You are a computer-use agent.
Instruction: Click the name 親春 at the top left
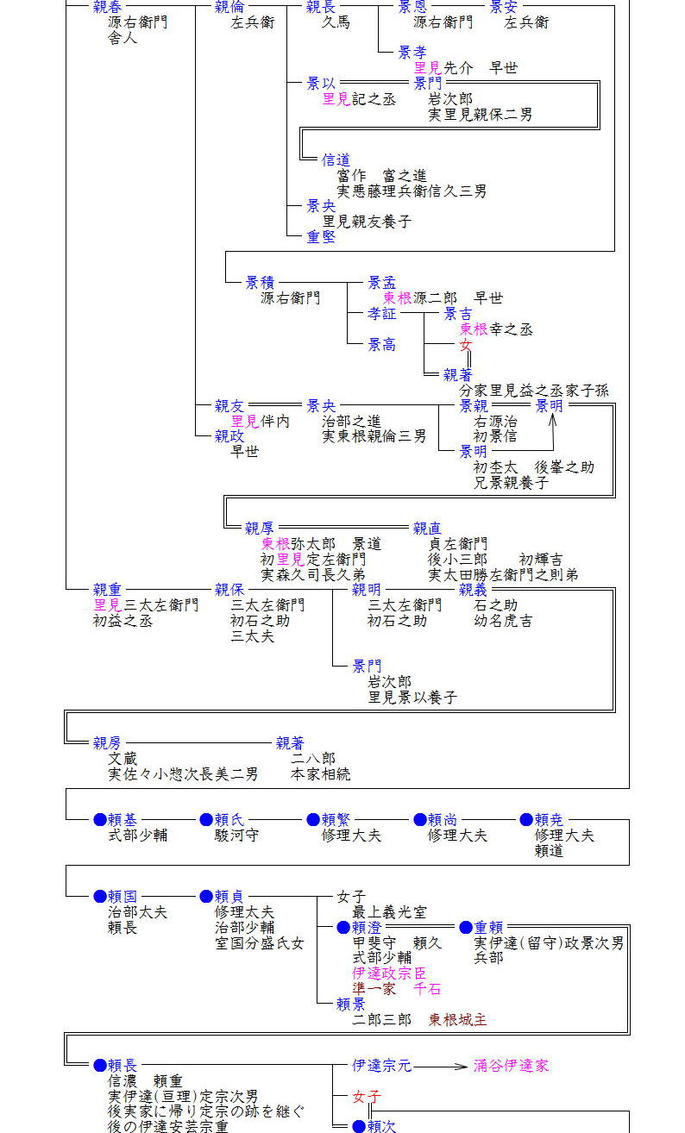tap(108, 8)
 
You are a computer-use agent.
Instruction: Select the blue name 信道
tap(336, 160)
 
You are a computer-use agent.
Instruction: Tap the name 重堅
tap(321, 236)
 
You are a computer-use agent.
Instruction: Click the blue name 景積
tap(260, 283)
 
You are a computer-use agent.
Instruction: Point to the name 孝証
tap(382, 314)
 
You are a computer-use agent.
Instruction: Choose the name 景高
tap(382, 345)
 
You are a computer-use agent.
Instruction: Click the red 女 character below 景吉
tap(466, 345)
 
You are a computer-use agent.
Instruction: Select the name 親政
tap(229, 436)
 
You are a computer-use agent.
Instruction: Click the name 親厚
tap(260, 529)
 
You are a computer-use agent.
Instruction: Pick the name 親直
tap(427, 529)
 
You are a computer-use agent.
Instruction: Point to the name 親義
tap(474, 590)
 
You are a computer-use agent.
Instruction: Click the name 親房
tap(108, 743)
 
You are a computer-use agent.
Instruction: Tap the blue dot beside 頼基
tap(100, 820)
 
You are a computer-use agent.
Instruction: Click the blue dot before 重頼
tap(466, 928)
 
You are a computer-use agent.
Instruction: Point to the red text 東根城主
tap(458, 1019)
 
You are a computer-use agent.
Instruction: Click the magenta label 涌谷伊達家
tap(512, 1066)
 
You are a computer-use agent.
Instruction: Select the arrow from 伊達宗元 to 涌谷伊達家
tap(440, 1067)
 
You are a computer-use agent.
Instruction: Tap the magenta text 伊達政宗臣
tap(389, 973)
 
